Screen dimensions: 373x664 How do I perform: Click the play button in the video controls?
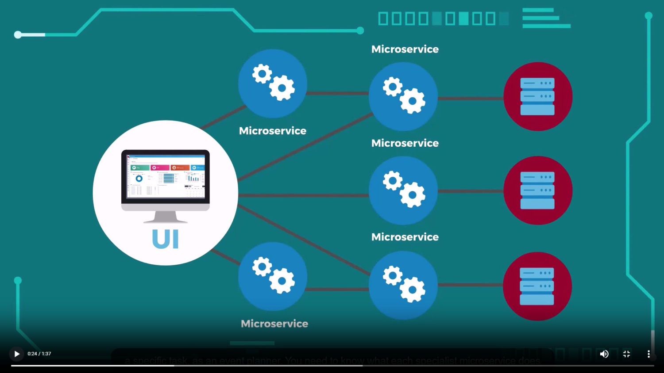[x=16, y=354]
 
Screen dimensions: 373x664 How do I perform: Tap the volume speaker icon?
[x=604, y=354]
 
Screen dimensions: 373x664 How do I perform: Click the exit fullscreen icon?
[x=626, y=354]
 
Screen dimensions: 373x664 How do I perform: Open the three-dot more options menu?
[x=649, y=354]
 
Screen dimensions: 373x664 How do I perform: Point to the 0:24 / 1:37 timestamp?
[x=39, y=354]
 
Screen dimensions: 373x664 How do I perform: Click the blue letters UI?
[x=165, y=239]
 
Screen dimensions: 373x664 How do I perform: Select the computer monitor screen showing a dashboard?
[x=166, y=176]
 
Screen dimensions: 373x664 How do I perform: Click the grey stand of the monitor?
[x=166, y=217]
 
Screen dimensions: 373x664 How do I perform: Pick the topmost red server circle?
[x=538, y=96]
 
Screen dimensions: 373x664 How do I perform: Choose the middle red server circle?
[x=538, y=190]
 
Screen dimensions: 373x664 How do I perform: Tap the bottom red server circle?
[x=537, y=286]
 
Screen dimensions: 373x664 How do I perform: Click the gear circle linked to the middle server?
[x=403, y=190]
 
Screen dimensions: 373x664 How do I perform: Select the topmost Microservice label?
[x=405, y=49]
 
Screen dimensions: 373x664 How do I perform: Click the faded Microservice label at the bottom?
[x=274, y=324]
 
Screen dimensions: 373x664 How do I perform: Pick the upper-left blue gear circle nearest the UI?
[x=273, y=84]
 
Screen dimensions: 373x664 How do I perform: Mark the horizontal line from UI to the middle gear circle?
[x=303, y=195]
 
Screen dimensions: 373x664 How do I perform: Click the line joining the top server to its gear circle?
[x=471, y=99]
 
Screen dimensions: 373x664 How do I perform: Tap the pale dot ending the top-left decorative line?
[x=18, y=34]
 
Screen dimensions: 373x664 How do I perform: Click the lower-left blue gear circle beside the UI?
[x=273, y=276]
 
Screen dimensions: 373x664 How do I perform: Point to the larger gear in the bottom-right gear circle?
[x=413, y=289]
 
